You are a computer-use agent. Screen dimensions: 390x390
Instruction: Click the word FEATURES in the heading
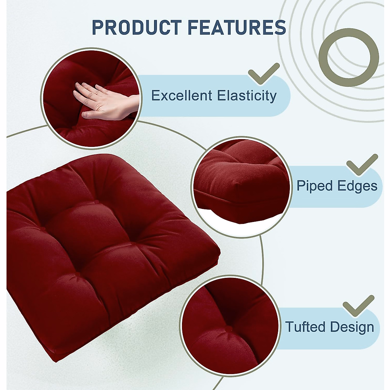[237, 27]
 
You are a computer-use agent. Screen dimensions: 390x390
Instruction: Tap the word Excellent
[182, 96]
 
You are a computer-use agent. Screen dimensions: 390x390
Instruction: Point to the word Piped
[315, 186]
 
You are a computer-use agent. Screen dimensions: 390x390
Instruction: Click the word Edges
[357, 186]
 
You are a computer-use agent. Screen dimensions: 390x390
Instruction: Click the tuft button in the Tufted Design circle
[229, 329]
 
